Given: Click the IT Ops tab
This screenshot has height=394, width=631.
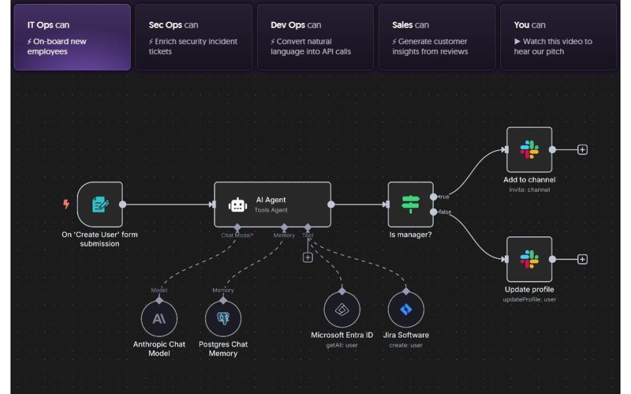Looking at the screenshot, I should pos(72,37).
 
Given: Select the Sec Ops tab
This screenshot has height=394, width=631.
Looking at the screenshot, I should pos(194,37).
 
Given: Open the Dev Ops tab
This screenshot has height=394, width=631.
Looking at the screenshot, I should pos(315,37).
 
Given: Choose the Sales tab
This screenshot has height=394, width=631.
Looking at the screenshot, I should pos(437,37).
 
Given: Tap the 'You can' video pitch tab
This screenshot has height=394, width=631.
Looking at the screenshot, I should pos(559,37).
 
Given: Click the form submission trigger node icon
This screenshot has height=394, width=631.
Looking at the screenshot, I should pos(100,205).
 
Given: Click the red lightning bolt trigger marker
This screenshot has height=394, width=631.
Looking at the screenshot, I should pos(66,204).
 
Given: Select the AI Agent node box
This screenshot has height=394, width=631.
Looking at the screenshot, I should pos(273,205).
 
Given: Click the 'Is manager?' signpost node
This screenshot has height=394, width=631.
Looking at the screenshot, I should pos(411,205).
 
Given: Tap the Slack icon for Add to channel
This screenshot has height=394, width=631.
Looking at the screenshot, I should pos(529,150).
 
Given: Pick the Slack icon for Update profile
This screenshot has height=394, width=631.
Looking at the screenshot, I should pos(529,259).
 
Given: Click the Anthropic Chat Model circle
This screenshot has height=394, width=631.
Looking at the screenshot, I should pos(159,319).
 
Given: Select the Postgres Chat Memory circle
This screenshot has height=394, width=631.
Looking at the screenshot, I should pos(223,319).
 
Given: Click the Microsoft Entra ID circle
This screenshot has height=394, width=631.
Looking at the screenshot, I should pos(342,310).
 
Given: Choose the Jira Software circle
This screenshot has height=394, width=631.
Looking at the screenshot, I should pos(406,310).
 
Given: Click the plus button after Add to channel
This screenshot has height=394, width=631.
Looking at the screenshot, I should pos(582,150).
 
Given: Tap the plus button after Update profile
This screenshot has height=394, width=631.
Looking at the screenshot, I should pos(582,259).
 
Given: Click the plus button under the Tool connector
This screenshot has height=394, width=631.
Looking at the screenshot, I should pos(308,257).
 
